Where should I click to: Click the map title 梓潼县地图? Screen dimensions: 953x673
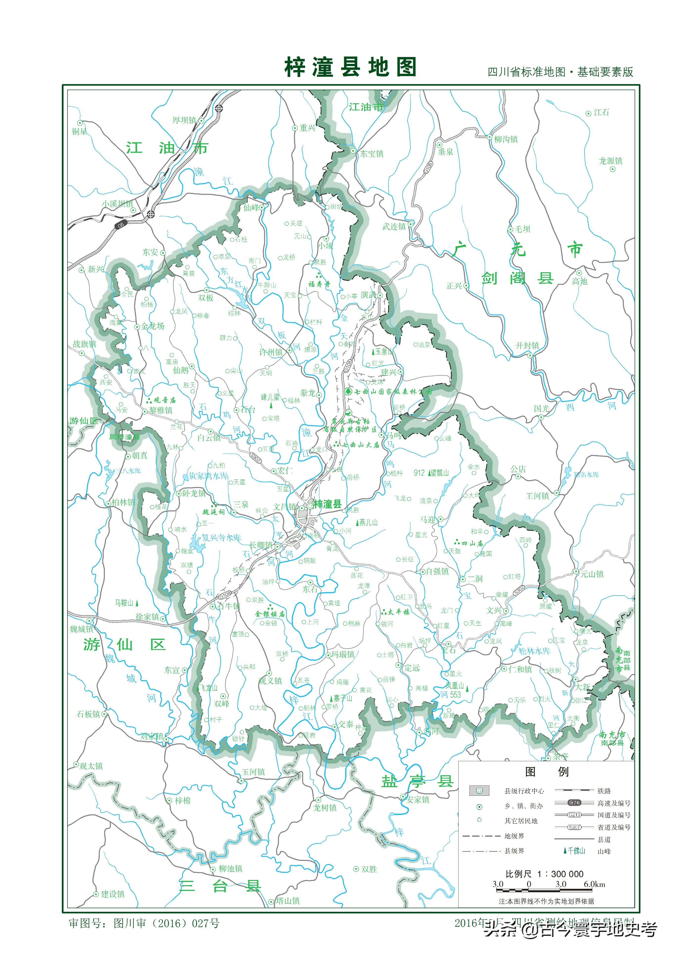[x=350, y=67]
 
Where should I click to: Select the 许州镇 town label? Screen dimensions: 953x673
[x=271, y=352]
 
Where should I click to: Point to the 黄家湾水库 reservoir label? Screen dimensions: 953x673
[x=208, y=476]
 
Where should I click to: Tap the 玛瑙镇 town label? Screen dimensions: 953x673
[x=343, y=654]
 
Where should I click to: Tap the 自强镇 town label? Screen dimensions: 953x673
[x=437, y=572]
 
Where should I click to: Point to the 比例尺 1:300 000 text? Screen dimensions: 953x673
[x=544, y=874]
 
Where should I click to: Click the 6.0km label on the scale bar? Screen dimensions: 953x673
[x=594, y=884]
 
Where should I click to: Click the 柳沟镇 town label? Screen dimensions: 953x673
[x=505, y=139]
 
